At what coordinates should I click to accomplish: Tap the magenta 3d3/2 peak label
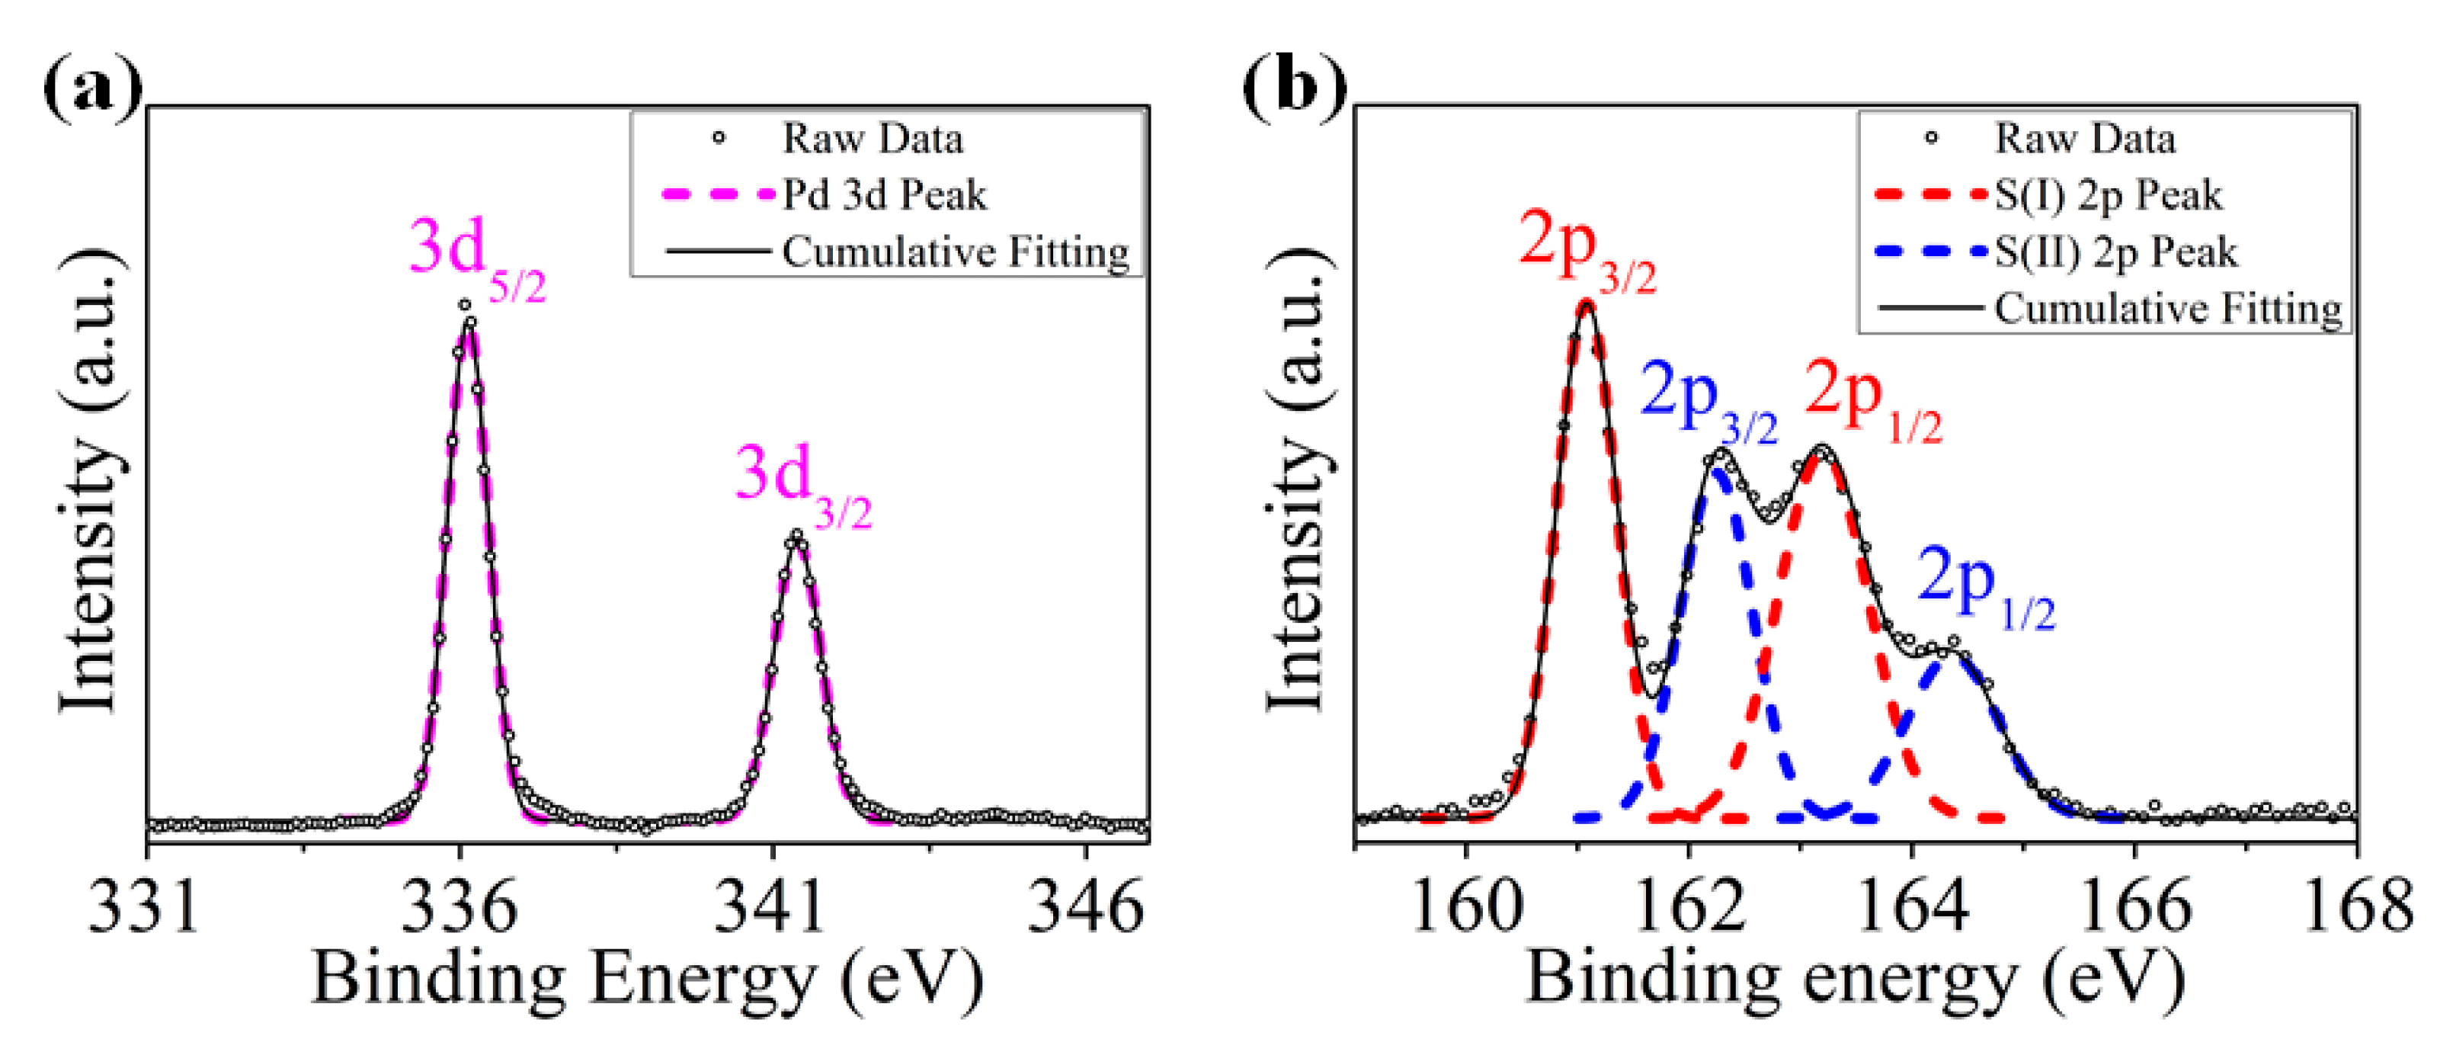[x=802, y=483]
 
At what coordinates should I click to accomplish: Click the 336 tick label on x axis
[x=459, y=906]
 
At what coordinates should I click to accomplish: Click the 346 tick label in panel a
[x=1085, y=906]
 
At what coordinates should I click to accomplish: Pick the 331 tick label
[x=145, y=906]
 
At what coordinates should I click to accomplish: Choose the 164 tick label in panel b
[x=1912, y=906]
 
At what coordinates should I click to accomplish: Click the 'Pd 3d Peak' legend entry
[x=884, y=196]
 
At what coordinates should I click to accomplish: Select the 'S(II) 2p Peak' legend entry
[x=2115, y=252]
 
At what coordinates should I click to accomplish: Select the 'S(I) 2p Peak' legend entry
[x=2108, y=196]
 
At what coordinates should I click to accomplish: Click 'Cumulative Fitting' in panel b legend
[x=2168, y=309]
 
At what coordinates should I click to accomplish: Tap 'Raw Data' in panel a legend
[x=873, y=139]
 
